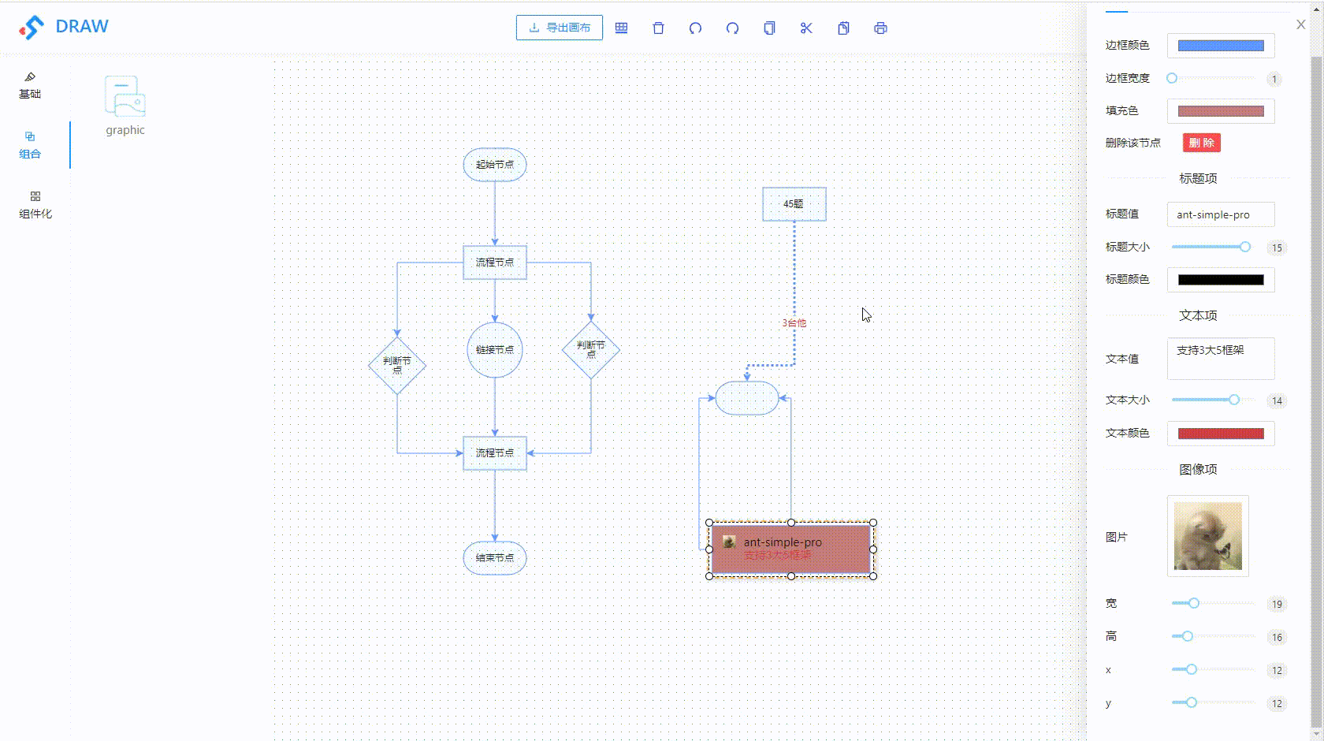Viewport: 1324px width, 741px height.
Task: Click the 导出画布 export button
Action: (x=560, y=28)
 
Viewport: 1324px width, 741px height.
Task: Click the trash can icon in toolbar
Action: (x=658, y=28)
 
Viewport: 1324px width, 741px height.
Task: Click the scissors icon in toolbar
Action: (x=805, y=28)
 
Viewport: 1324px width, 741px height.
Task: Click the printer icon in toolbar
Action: (x=880, y=28)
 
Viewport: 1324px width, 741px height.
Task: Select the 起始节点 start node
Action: (x=495, y=165)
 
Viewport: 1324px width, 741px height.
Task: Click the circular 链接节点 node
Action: (x=495, y=350)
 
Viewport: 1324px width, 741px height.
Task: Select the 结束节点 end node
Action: (x=495, y=558)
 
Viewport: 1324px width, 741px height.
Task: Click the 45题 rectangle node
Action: (x=794, y=204)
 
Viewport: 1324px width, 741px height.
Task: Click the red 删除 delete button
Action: (x=1201, y=143)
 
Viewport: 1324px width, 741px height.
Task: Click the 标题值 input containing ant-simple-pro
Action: (x=1220, y=214)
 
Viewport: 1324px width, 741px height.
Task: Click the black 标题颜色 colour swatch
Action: (x=1220, y=280)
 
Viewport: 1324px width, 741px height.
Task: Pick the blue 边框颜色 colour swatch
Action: (x=1220, y=46)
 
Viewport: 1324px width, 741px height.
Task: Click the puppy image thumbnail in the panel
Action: (x=1207, y=536)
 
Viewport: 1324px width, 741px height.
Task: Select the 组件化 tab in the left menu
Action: (x=35, y=205)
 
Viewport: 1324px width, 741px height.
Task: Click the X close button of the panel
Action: (x=1300, y=25)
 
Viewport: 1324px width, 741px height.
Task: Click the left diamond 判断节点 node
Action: (x=397, y=366)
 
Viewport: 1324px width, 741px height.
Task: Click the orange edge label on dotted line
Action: (x=794, y=323)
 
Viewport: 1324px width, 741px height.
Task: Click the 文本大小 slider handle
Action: (x=1234, y=400)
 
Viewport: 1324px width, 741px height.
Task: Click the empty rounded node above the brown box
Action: (x=746, y=398)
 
